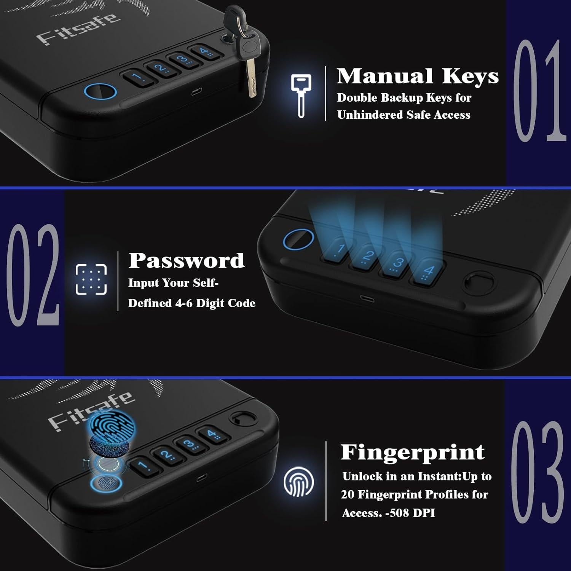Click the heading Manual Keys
pyautogui.click(x=418, y=77)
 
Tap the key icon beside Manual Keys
pyautogui.click(x=301, y=95)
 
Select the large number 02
pyautogui.click(x=33, y=275)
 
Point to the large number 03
pyautogui.click(x=538, y=472)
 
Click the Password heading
pyautogui.click(x=186, y=261)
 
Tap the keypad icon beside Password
pyautogui.click(x=91, y=279)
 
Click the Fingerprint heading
pyautogui.click(x=412, y=452)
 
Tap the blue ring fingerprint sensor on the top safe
pyautogui.click(x=100, y=92)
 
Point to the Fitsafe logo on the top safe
pyautogui.click(x=78, y=29)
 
